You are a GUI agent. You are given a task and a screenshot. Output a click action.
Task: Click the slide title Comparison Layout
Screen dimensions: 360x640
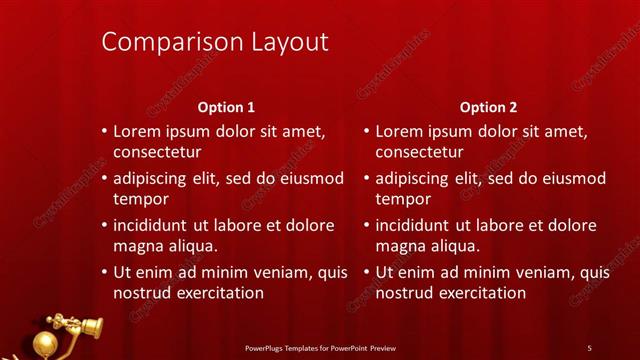pos(215,42)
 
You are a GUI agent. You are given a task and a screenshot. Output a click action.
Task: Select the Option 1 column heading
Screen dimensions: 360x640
pos(226,107)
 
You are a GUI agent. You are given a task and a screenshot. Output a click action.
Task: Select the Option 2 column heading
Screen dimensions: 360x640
pos(488,107)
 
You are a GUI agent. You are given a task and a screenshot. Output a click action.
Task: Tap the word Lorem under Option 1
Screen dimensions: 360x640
pos(136,131)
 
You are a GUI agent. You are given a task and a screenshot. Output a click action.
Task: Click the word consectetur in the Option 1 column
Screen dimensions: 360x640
pos(157,153)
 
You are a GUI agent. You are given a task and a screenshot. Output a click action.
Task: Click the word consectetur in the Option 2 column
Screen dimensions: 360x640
pos(419,153)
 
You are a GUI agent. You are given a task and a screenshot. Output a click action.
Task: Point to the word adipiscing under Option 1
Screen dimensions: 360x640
pos(156,179)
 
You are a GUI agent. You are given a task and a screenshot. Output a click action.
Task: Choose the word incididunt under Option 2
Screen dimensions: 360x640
pos(419,225)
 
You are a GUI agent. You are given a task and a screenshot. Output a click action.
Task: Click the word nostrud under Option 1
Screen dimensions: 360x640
pos(141,293)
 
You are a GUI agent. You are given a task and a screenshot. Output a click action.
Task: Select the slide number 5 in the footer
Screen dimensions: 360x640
pos(589,347)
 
